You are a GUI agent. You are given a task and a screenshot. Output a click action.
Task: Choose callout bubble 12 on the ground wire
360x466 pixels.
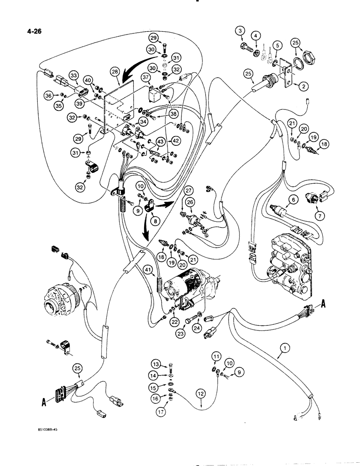[201, 394]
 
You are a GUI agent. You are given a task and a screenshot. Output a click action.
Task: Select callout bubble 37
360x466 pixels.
[145, 77]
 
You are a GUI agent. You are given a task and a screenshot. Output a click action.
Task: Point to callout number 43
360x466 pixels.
[160, 141]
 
